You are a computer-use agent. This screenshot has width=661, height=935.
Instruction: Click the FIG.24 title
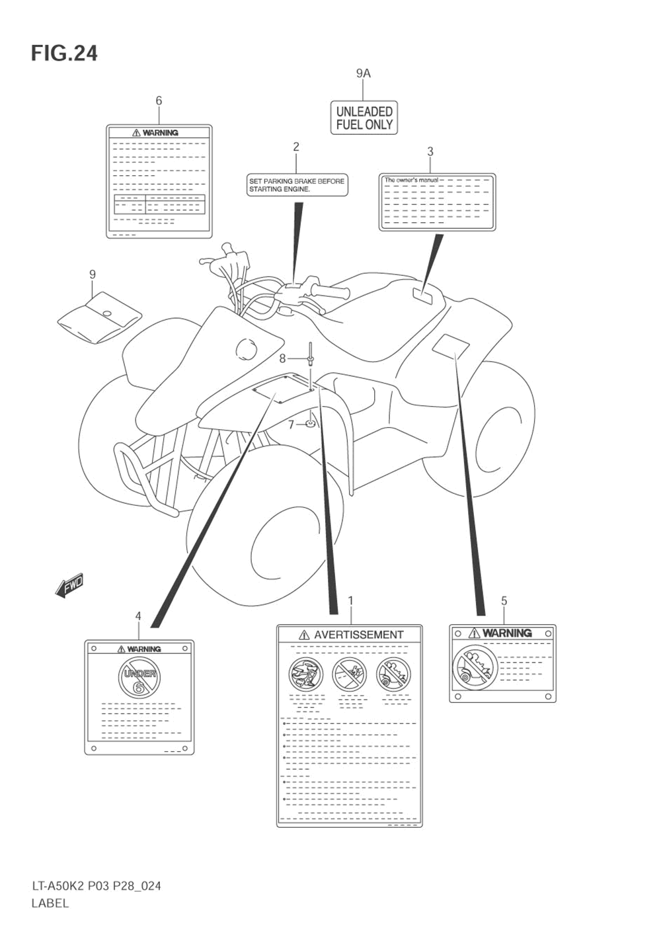tap(64, 53)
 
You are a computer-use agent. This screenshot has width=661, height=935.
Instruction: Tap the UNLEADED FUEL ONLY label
tap(364, 118)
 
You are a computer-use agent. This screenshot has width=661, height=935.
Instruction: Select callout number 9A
tap(364, 73)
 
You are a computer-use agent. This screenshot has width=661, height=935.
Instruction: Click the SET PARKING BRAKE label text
tap(297, 185)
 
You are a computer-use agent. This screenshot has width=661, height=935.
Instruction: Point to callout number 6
tap(159, 101)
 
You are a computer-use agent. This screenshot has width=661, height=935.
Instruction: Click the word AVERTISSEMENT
tap(358, 635)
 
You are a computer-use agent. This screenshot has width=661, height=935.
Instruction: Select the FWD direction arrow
tap(69, 585)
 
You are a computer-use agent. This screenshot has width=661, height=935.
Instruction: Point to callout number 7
tap(291, 425)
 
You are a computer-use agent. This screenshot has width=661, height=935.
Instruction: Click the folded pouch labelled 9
tap(99, 318)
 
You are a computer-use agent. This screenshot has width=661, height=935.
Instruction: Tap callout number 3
tap(430, 151)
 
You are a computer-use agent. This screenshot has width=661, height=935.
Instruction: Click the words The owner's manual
tap(411, 180)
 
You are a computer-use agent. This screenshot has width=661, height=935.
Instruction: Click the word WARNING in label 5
tap(507, 633)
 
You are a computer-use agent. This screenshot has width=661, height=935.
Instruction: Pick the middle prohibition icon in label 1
tap(349, 674)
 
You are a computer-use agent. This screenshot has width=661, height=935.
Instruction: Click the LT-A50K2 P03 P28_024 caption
tap(96, 886)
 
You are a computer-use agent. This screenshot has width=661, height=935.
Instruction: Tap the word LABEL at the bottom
tap(50, 903)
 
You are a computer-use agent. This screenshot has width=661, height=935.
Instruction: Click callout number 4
tap(138, 616)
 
